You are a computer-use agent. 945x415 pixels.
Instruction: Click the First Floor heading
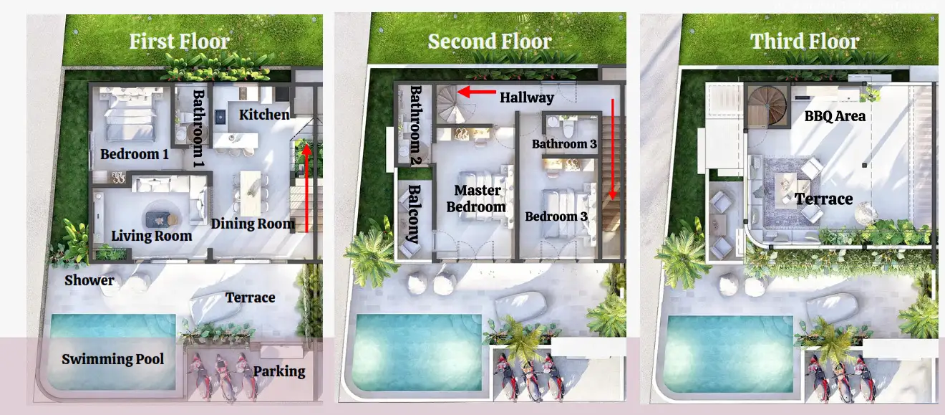(x=179, y=42)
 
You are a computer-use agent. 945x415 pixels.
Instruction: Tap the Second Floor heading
(x=490, y=42)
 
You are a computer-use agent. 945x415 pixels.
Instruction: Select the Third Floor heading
(x=805, y=42)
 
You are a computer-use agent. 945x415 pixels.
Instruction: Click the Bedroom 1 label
(x=134, y=154)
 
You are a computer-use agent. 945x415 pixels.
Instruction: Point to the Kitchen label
(x=264, y=115)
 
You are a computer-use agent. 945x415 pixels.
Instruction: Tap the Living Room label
(x=152, y=236)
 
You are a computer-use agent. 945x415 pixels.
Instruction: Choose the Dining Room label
(x=253, y=224)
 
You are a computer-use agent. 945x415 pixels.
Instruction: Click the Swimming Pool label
(x=112, y=359)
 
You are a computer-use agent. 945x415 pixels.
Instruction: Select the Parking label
(x=279, y=371)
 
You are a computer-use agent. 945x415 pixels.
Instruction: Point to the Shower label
(x=89, y=280)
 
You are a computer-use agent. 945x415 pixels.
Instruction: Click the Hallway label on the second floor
(x=527, y=97)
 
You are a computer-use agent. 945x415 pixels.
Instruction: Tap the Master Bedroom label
(x=476, y=199)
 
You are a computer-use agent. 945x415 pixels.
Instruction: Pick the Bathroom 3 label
(x=564, y=144)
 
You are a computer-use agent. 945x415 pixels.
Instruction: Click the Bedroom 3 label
(x=556, y=216)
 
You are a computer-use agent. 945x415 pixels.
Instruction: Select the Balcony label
(x=414, y=214)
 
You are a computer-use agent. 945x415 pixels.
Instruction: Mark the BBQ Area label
(x=835, y=116)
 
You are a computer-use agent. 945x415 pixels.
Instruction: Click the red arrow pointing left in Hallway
(x=477, y=92)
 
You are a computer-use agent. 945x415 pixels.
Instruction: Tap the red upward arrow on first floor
(x=306, y=188)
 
